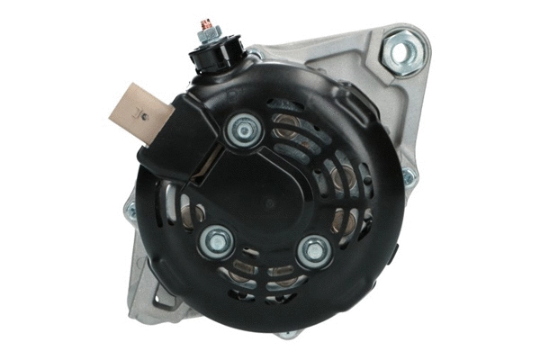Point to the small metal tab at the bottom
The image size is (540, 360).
pyautogui.click(x=286, y=334)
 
